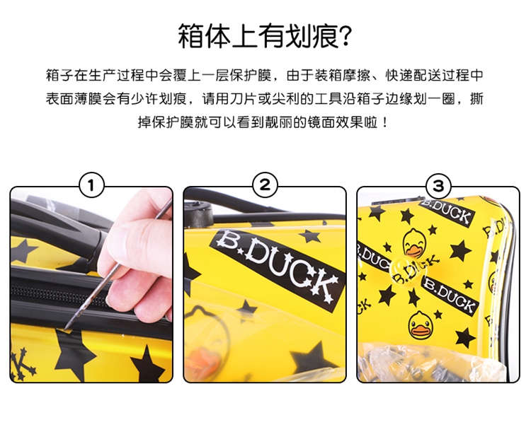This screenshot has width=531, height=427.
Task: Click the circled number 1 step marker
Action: pos(91,185)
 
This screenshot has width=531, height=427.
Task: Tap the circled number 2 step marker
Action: pos(265,185)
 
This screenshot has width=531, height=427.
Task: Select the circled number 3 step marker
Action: pos(438,185)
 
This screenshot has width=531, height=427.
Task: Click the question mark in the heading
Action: pos(346,36)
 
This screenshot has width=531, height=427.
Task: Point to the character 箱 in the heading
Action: pos(191,36)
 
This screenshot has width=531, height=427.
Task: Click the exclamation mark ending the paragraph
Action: pos(384,122)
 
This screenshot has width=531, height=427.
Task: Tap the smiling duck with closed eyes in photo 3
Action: pos(414,243)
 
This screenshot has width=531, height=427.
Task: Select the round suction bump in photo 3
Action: pos(406,271)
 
